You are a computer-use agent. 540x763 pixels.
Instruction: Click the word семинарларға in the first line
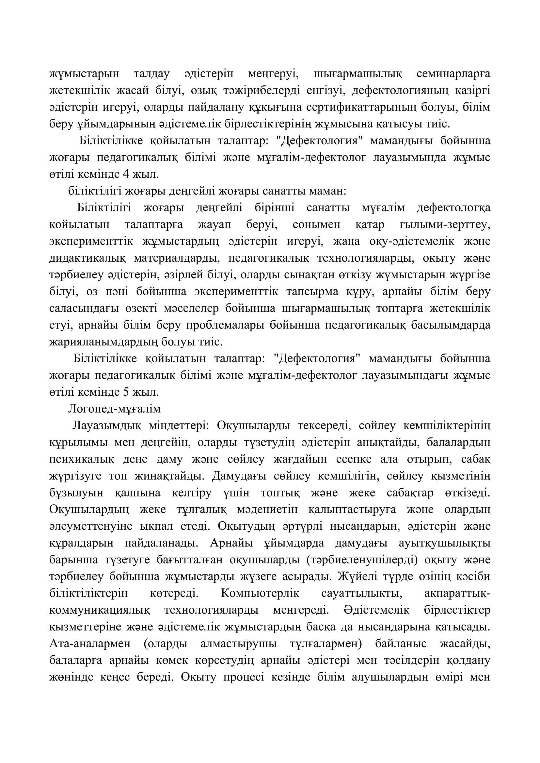coord(453,74)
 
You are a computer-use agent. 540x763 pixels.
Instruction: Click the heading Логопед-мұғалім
coord(114,409)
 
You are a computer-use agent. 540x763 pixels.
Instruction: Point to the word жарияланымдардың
coord(103,342)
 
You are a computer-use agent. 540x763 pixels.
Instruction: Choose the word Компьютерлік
coord(260,593)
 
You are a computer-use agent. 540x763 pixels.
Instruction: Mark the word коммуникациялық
coord(100,610)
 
